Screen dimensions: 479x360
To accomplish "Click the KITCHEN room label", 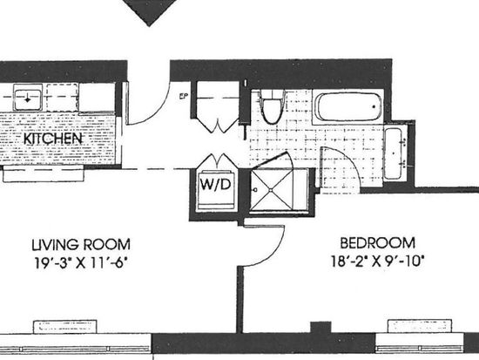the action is click(53, 139).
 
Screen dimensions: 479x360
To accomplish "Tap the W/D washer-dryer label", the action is click(215, 184).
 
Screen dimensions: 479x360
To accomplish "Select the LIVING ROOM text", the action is click(81, 245).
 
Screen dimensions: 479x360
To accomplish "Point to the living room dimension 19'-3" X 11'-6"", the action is click(81, 262).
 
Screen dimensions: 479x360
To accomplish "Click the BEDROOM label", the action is click(378, 243).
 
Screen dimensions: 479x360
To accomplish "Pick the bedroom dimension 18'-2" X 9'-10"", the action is click(378, 261).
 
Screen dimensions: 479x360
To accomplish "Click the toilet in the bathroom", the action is click(273, 106).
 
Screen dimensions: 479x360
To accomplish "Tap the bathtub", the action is click(348, 106).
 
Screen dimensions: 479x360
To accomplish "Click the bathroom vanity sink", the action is click(394, 153).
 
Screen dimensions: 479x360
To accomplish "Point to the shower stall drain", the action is click(271, 190).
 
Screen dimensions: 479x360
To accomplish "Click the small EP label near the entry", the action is click(183, 97).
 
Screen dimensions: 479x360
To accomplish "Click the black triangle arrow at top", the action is click(151, 10).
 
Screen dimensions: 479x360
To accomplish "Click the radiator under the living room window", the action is click(64, 327).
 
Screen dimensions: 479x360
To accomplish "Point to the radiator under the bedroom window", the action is click(420, 326).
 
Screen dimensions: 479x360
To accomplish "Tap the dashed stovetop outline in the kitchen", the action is click(63, 98).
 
